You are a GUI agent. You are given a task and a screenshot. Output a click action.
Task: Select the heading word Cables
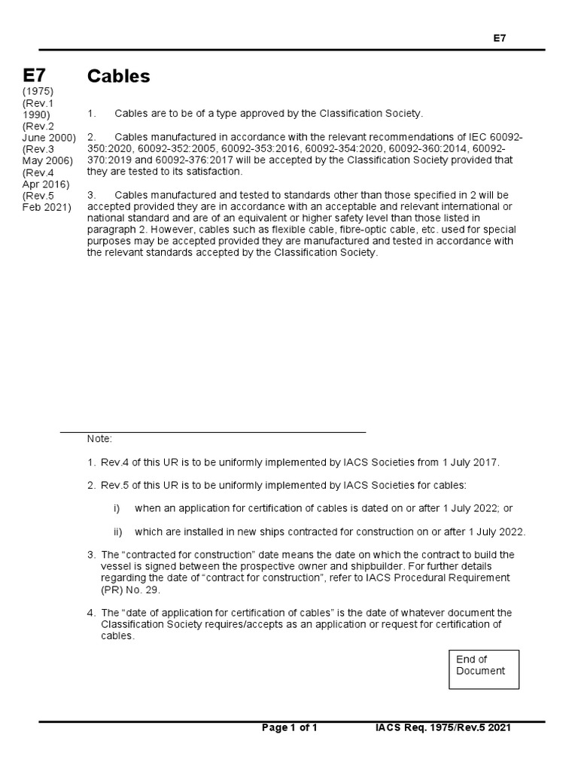click(119, 76)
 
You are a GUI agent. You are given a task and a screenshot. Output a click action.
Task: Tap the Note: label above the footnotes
click(99, 439)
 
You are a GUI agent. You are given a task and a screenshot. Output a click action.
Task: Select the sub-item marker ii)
click(118, 532)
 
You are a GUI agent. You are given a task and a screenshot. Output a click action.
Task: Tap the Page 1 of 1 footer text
click(290, 727)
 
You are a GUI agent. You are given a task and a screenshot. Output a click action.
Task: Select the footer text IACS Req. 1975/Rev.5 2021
click(444, 727)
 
